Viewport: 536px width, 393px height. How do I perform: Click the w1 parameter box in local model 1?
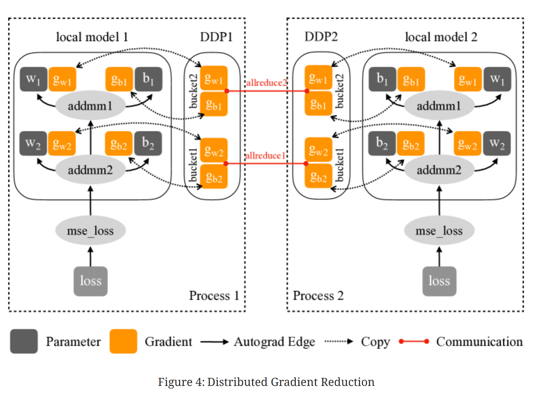[x=33, y=79]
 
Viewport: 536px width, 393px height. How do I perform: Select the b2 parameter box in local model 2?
[x=382, y=143]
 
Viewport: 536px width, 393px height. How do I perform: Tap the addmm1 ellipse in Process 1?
[x=90, y=106]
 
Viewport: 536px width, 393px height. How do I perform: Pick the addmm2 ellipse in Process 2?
[x=439, y=170]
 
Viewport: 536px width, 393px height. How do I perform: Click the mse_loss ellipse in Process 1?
[x=90, y=231]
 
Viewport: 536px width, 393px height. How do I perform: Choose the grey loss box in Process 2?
[x=439, y=281]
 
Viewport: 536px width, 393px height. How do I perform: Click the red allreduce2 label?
[x=266, y=83]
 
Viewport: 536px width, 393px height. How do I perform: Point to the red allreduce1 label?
[x=265, y=156]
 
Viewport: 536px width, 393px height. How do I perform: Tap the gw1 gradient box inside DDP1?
[x=214, y=78]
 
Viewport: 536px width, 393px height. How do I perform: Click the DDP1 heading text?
[x=216, y=37]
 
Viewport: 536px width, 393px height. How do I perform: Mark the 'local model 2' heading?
[x=441, y=37]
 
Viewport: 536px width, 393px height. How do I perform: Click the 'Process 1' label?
[x=214, y=296]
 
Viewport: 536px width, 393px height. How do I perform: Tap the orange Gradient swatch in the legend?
[x=123, y=341]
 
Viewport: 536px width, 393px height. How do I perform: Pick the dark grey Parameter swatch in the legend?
[x=24, y=341]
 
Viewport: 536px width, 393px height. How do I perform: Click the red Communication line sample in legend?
[x=414, y=341]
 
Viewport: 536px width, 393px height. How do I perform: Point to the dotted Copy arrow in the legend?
[x=339, y=341]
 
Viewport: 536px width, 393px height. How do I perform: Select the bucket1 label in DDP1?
[x=193, y=165]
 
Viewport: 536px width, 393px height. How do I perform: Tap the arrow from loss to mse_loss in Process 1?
[x=90, y=256]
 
